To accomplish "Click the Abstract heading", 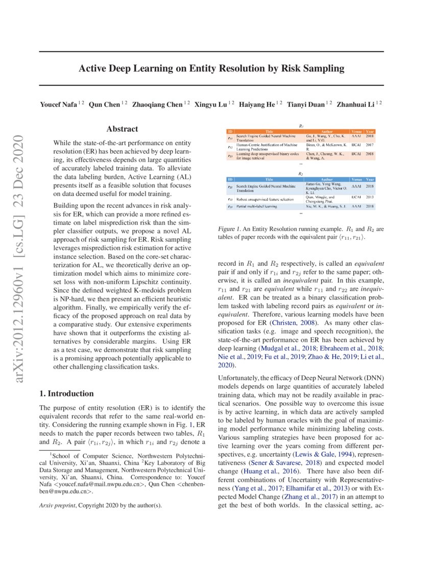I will pos(123,130).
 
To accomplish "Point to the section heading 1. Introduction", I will pos(66,393).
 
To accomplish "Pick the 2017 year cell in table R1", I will pos(370,146).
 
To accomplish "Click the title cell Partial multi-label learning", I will pos(256,206).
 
